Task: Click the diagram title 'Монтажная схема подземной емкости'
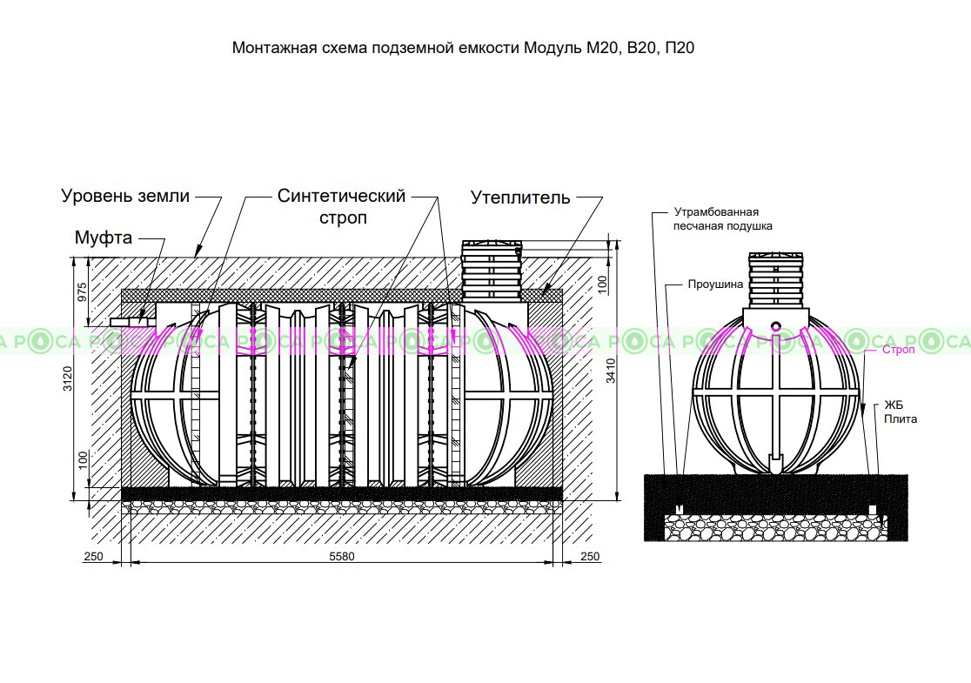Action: pos(376,49)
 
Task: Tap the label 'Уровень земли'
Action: pos(125,196)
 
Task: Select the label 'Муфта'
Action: pos(104,238)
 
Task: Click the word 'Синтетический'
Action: pos(341,196)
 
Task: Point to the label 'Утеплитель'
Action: pos(520,198)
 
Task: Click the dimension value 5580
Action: pos(342,556)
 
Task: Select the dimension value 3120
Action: pos(68,378)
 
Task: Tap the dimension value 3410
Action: pos(611,371)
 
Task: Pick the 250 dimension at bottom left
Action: pos(93,556)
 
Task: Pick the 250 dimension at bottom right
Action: pos(590,556)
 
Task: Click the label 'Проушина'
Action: pos(715,285)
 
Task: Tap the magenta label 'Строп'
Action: pos(899,350)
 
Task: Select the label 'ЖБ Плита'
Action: pos(900,412)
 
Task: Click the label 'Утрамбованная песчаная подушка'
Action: pos(723,219)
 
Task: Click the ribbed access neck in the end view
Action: pos(776,280)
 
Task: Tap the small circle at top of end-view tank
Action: pos(775,325)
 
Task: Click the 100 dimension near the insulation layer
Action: pos(602,285)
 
